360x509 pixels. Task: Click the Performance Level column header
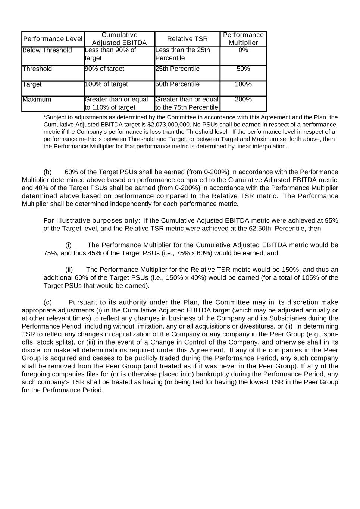tap(53, 39)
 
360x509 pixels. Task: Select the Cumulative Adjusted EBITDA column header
tap(119, 39)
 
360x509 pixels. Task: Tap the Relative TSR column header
tap(187, 39)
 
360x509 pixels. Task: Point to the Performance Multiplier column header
tap(243, 39)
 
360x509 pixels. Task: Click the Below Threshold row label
tap(47, 50)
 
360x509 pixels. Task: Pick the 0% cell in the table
tap(243, 50)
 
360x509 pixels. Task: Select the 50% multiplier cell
tap(243, 69)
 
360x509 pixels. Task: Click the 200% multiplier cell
tap(243, 100)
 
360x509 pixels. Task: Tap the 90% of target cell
tap(105, 69)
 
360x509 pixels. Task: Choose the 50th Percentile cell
tap(178, 84)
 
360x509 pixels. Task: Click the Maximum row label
tap(37, 100)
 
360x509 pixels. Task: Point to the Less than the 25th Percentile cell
tap(182, 54)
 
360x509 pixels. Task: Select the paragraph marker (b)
tap(48, 172)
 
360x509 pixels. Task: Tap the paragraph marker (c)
tap(48, 302)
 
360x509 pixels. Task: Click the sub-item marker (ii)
tap(69, 270)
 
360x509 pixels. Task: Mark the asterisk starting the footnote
tap(45, 117)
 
